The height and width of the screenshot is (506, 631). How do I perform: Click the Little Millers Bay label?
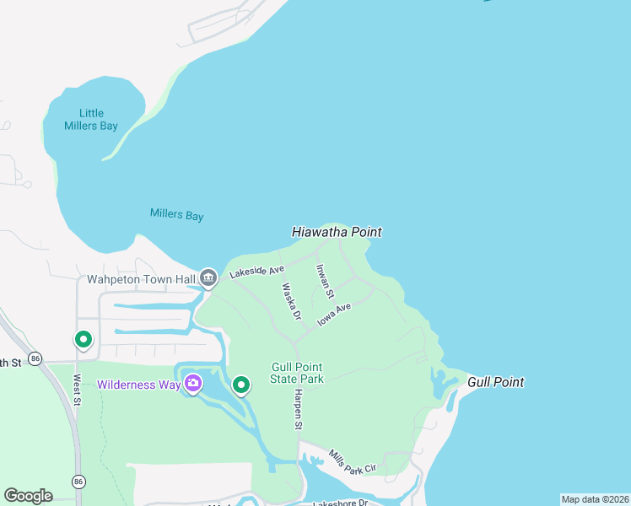point(91,119)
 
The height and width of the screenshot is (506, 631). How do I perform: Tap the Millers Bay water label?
point(176,214)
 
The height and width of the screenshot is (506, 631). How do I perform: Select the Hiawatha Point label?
point(337,231)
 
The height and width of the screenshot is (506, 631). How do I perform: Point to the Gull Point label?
point(496,382)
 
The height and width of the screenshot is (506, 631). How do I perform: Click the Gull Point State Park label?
point(297,373)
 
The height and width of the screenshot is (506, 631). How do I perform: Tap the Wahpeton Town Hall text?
point(141,278)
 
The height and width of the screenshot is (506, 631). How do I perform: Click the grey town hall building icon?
point(208,277)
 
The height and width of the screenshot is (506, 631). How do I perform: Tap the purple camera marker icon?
point(194,385)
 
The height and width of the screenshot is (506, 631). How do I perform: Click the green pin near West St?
point(84,340)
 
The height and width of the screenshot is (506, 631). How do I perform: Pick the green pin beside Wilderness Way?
point(241,385)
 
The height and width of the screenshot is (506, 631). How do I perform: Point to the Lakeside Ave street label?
point(257,272)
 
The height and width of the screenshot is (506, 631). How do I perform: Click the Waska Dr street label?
point(291,301)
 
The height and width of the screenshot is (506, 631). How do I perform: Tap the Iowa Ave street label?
point(334,315)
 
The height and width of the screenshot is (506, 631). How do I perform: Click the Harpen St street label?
point(298,410)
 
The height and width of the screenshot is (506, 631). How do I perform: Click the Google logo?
point(28,496)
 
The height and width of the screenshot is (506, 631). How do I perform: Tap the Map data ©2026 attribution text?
point(595,499)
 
